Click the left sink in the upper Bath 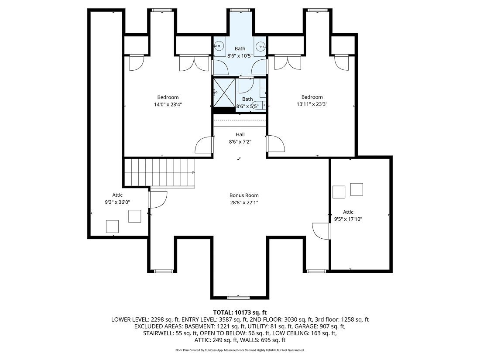[219, 45]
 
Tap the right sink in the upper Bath [261, 45]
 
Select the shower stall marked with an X [224, 93]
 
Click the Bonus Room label [244, 195]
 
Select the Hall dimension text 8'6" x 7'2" [240, 142]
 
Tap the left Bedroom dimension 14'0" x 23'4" [168, 105]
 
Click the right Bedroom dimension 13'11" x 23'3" [312, 105]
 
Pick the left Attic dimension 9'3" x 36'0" [117, 202]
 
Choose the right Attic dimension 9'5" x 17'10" [348, 219]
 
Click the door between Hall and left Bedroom [205, 145]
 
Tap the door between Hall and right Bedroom [275, 144]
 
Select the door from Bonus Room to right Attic [322, 231]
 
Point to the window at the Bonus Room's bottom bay [239, 298]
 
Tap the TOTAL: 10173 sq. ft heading [240, 312]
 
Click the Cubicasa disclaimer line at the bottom [240, 350]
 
